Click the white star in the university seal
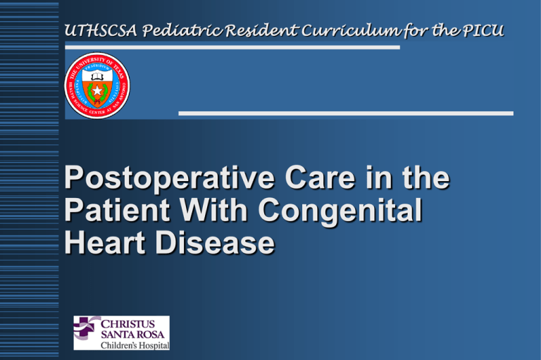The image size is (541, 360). [97, 90]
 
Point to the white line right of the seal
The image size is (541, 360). [345, 113]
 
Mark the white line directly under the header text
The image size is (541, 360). [232, 47]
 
